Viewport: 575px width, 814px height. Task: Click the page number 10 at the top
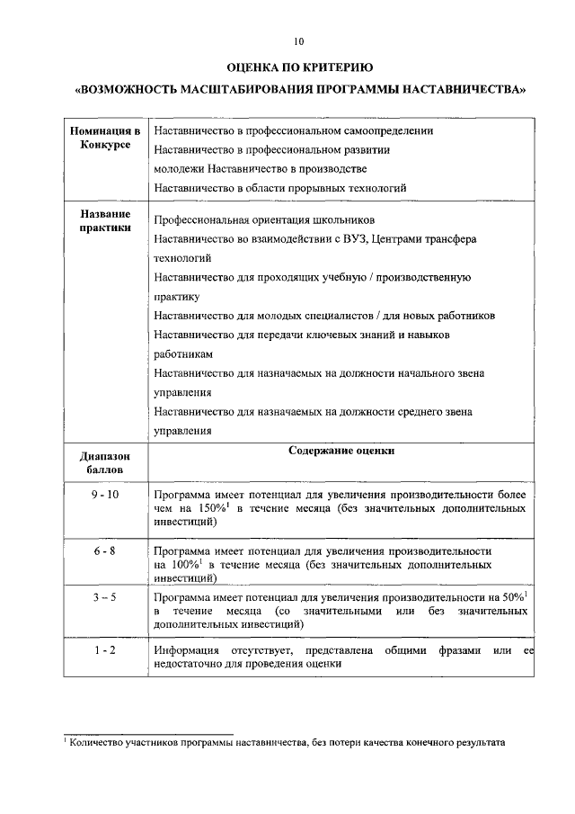point(298,40)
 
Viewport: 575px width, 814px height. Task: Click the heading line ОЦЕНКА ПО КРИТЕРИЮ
point(298,67)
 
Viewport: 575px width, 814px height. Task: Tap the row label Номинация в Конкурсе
point(105,139)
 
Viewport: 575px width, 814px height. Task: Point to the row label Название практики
point(105,221)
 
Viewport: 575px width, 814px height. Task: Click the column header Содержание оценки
point(341,452)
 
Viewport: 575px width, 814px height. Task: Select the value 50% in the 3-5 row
point(512,597)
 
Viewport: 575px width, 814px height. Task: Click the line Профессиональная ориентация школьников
point(264,220)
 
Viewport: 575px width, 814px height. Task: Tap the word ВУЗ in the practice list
point(342,238)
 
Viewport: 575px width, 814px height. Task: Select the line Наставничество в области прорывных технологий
point(280,188)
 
